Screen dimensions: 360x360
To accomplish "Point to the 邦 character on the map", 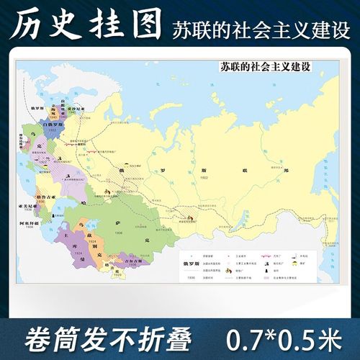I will tap(285, 171).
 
